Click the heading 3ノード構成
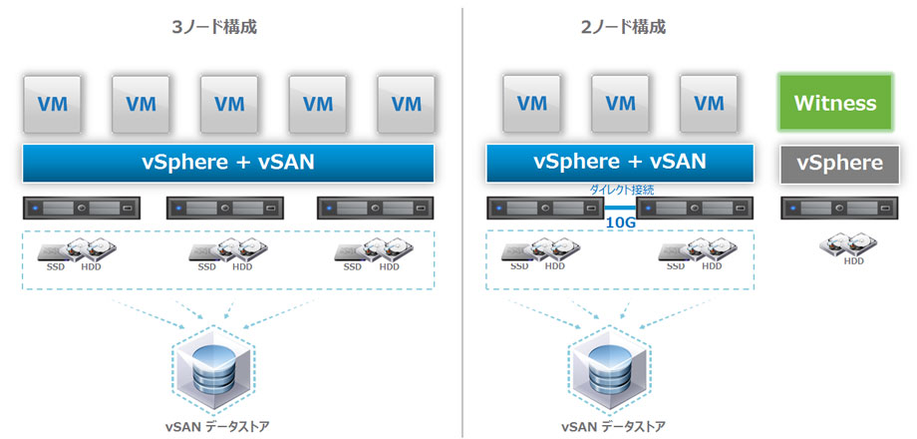(x=214, y=27)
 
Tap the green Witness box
(x=834, y=103)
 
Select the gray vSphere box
(x=838, y=163)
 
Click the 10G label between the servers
(x=621, y=222)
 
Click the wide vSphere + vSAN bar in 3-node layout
(x=228, y=163)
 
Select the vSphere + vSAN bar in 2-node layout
(x=619, y=163)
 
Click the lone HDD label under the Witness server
(x=853, y=261)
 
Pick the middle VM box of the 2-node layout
(x=620, y=103)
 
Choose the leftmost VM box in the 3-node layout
(x=52, y=103)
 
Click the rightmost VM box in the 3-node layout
(x=406, y=103)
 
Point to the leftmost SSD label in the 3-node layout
(x=57, y=267)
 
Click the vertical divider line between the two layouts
(x=462, y=219)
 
